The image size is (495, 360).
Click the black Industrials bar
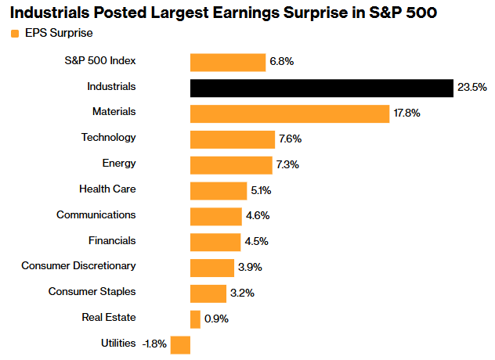pos(321,88)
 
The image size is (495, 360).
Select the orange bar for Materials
pos(290,113)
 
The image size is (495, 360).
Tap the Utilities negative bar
pos(180,344)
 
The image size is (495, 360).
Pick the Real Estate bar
pos(195,319)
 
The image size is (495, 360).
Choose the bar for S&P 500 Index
pos(228,63)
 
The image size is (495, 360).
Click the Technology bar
pos(232,139)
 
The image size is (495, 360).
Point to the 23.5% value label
pos(472,88)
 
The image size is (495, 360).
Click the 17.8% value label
pos(407,113)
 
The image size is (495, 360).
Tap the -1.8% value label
pos(154,344)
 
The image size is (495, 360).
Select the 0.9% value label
pos(216,319)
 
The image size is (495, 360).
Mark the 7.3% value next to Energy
pos(287,165)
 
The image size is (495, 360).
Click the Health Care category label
pos(107,189)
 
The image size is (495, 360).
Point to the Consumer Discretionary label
pos(78,266)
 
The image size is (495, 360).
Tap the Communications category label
pos(96,214)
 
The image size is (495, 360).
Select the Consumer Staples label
pos(92,292)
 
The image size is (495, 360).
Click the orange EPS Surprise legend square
pos(14,34)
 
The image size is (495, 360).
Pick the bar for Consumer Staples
pos(208,293)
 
